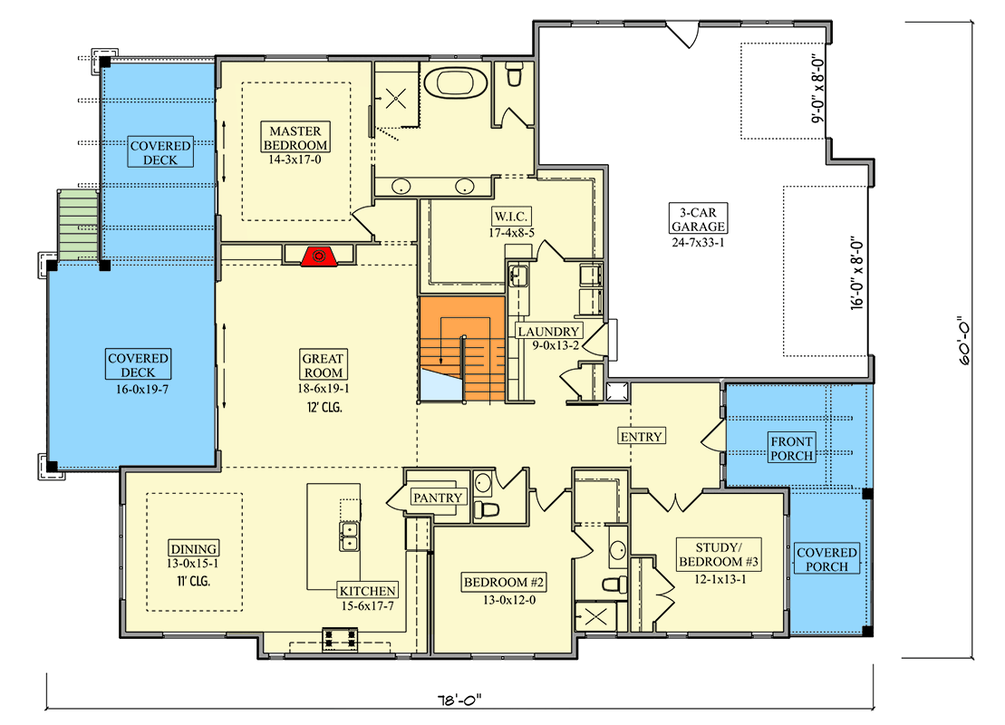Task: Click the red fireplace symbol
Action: point(319,256)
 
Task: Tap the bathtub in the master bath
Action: point(455,82)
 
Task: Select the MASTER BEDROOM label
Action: point(295,137)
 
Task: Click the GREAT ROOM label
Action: point(323,364)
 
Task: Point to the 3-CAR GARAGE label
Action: point(698,219)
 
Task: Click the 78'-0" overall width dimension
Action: point(459,700)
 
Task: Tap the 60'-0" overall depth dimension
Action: point(964,341)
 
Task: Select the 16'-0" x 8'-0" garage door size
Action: point(857,275)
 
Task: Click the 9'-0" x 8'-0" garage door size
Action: point(817,88)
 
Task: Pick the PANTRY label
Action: point(437,498)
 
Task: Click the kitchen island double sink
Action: point(349,536)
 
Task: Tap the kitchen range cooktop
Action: point(340,639)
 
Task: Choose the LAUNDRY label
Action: point(548,332)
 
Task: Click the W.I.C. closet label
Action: point(511,216)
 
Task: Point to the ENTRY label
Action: point(642,437)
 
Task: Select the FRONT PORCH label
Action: point(791,448)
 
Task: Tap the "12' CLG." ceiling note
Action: point(324,407)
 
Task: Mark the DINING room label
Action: point(194,548)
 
